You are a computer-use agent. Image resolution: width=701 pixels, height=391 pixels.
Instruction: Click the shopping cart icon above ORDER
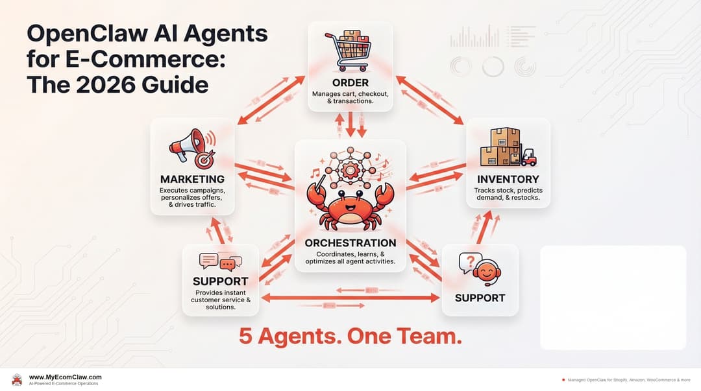click(x=349, y=51)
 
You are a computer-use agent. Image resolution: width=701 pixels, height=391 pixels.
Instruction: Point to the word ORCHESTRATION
click(x=350, y=243)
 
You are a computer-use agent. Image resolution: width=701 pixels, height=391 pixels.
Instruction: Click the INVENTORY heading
click(x=508, y=179)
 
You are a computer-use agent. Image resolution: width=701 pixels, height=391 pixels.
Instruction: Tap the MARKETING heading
click(x=192, y=179)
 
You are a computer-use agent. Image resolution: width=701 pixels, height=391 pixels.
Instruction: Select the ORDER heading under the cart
click(x=350, y=82)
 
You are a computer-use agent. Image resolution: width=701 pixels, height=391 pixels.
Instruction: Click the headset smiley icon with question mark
click(x=480, y=269)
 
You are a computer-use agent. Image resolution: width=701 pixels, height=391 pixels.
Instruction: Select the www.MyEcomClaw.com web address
click(x=66, y=377)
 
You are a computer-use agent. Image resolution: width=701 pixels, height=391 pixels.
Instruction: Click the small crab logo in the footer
click(x=17, y=380)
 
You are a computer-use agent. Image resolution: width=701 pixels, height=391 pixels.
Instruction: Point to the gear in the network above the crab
click(x=350, y=170)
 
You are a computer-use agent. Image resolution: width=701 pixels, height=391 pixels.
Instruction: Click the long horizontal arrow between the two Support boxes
click(x=350, y=298)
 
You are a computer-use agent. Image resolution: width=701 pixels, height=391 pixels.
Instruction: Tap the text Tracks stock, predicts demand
click(x=508, y=194)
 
